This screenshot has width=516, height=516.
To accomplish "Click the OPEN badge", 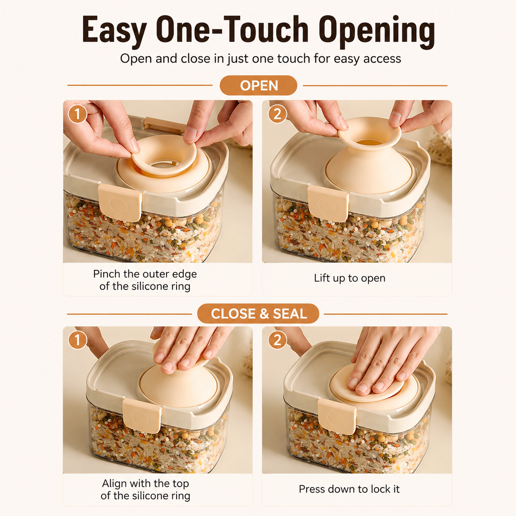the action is (258, 86).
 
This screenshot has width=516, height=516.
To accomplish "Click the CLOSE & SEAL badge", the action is (258, 314).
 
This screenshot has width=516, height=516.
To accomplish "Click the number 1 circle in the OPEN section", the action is (77, 114).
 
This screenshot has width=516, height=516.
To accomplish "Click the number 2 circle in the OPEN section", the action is (277, 114).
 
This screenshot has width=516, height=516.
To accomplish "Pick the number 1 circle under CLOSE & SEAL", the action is (77, 340).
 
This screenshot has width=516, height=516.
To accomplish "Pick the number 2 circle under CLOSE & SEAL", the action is (277, 340).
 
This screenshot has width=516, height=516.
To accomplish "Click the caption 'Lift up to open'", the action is (350, 279).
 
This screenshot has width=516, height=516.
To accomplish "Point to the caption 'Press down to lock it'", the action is (349, 489).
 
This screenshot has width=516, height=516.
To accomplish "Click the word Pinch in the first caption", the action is (107, 274).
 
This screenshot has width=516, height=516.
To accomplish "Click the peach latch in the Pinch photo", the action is (120, 202).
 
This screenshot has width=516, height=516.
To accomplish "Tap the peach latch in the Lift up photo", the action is (328, 204).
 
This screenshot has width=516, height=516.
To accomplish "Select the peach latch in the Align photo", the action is (142, 416).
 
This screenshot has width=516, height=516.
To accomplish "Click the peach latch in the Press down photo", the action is (337, 416).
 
